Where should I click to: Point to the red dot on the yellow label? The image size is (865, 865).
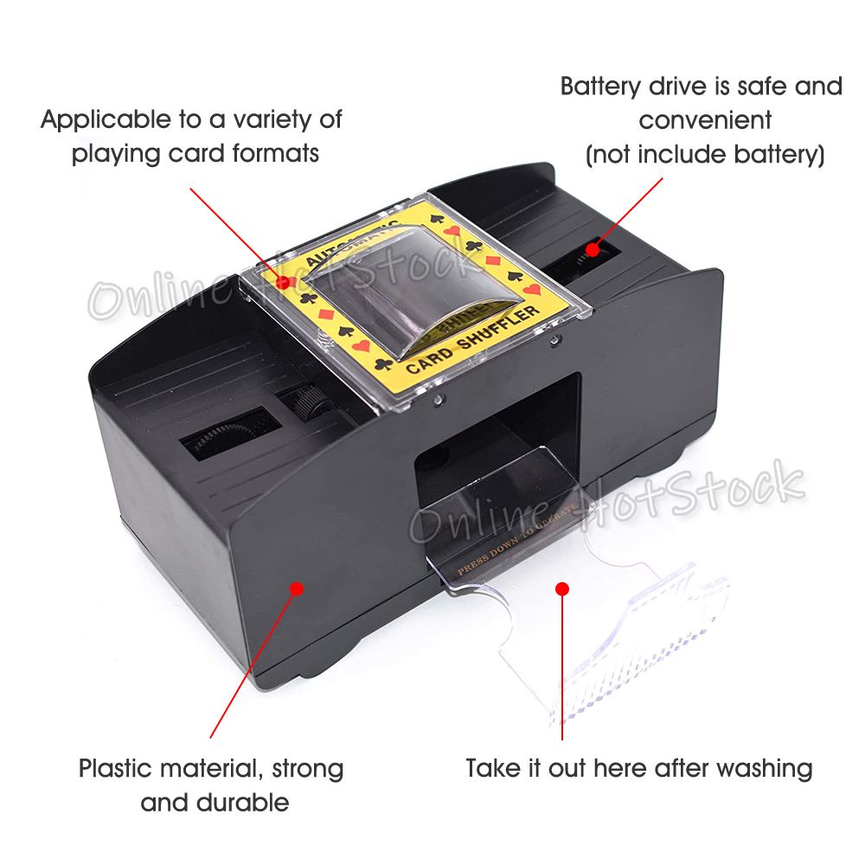click(281, 281)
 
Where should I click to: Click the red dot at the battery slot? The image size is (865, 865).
click(593, 249)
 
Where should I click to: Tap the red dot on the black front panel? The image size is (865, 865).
click(296, 588)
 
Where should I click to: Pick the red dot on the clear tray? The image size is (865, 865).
click(562, 589)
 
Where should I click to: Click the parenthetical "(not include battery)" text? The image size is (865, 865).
click(705, 155)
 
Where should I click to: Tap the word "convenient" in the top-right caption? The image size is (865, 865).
click(705, 120)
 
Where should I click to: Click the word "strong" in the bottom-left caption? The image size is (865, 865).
click(307, 768)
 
